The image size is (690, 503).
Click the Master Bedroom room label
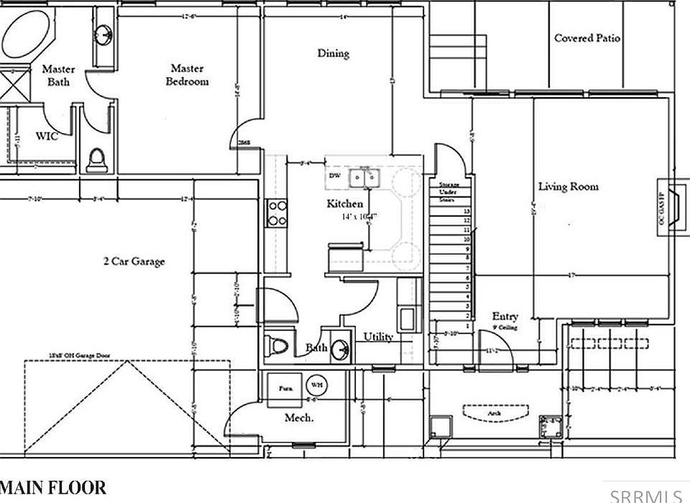click(187, 75)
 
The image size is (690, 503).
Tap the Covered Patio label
click(587, 38)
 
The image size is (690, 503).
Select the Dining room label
click(333, 53)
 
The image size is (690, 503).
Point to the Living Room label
click(569, 187)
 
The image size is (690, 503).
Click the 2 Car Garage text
click(133, 261)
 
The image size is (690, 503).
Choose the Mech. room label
click(299, 418)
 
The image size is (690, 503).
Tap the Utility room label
click(378, 337)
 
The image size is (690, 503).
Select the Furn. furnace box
click(285, 387)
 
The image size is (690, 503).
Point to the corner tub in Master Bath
click(27, 33)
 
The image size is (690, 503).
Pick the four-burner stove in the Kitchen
click(277, 212)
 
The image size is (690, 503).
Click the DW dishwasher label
click(334, 176)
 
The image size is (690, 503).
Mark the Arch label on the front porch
click(496, 414)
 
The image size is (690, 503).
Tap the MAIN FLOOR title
click(53, 488)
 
